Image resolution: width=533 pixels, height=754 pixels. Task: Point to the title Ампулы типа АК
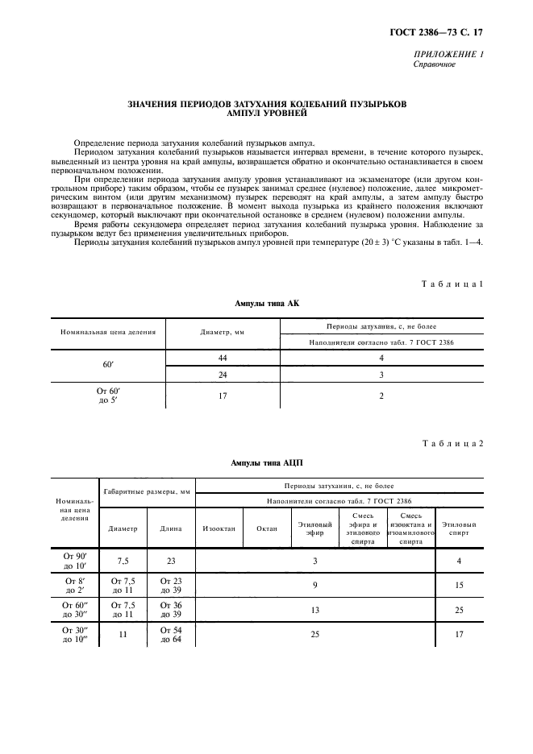(266, 304)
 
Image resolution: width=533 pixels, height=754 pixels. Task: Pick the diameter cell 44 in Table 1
(222, 357)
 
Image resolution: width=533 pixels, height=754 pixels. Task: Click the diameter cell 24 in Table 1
(222, 375)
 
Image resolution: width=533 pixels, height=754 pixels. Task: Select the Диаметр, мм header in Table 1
(222, 332)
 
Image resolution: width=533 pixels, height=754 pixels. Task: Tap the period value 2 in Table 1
(381, 396)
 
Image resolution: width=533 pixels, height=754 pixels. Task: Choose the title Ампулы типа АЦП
(266, 464)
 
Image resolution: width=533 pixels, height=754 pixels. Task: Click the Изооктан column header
(219, 529)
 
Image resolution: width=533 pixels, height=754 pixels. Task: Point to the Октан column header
(267, 529)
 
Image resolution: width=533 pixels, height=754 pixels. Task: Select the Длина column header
(170, 529)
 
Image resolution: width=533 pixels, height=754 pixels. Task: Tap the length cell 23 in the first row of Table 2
(170, 560)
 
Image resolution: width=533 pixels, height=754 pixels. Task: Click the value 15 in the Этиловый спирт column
(459, 585)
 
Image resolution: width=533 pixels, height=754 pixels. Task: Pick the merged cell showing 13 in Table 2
(315, 610)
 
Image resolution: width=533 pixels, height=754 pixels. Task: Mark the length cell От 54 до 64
(170, 635)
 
